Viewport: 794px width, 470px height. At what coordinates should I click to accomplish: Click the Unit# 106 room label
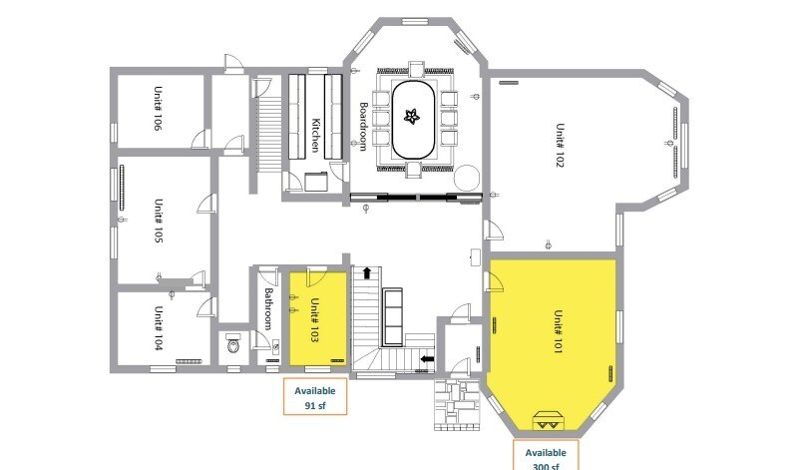158,109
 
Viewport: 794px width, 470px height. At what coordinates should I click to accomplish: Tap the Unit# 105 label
158,222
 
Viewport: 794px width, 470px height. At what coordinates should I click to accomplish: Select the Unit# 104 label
158,325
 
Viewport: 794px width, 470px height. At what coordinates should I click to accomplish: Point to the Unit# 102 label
560,147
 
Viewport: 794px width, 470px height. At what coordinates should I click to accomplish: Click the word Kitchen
315,135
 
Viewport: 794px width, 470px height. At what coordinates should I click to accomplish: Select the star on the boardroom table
412,118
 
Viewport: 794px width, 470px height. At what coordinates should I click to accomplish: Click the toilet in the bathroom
234,346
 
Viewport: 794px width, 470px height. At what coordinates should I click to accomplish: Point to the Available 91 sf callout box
316,398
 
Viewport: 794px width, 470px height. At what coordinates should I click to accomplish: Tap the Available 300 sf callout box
547,455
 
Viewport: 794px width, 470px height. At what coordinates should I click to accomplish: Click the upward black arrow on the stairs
366,272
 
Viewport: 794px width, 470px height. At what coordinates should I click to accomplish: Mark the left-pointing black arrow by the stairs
428,358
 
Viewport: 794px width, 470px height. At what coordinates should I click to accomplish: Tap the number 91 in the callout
311,406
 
